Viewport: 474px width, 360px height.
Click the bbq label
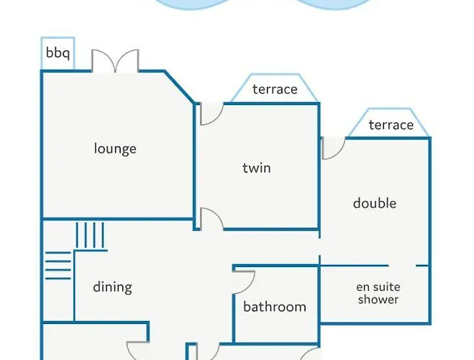tap(58, 53)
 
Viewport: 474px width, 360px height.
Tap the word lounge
tap(115, 148)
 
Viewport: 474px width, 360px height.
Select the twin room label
tap(257, 168)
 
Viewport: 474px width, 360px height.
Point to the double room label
tap(375, 203)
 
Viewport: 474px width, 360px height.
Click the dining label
tap(112, 287)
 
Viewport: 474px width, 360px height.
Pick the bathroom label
tap(275, 307)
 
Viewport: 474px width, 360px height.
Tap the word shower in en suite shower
tap(378, 300)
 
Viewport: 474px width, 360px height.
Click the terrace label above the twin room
tap(275, 89)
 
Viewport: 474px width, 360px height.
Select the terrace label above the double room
tap(391, 125)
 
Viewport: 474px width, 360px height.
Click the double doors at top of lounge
tap(115, 60)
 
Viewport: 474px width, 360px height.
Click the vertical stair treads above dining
tap(90, 235)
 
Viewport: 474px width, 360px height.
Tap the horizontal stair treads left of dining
tap(58, 266)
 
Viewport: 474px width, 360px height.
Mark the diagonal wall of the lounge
tap(179, 87)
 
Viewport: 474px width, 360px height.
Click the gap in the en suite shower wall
tap(402, 266)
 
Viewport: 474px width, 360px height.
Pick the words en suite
tap(378, 287)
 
